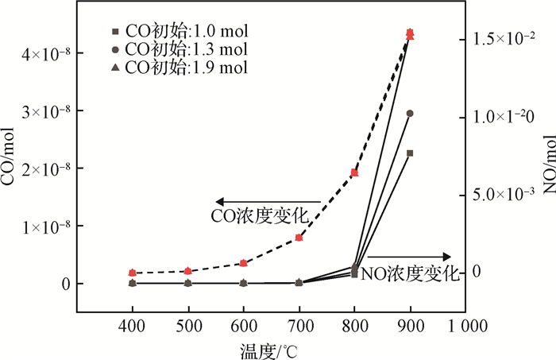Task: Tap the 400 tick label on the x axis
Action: click(x=132, y=327)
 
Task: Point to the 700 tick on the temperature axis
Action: click(x=299, y=327)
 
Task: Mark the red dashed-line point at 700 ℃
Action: click(x=299, y=238)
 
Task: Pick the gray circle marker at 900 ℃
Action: click(x=410, y=114)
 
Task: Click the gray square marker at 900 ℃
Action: click(x=410, y=153)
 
